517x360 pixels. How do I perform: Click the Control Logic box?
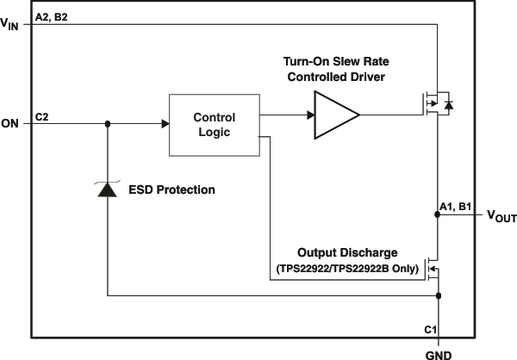[214, 123]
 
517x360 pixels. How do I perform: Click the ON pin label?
[10, 124]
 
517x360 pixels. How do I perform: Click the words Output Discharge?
[347, 253]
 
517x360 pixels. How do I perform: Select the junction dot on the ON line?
[108, 123]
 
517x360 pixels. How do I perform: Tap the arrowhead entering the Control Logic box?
[164, 123]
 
